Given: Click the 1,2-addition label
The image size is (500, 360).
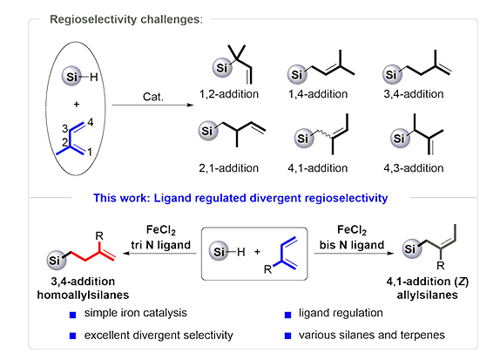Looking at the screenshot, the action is pyautogui.click(x=228, y=94).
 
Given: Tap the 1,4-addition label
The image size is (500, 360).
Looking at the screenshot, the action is pyautogui.click(x=318, y=94).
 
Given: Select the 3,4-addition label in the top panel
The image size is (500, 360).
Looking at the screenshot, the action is pyautogui.click(x=414, y=94).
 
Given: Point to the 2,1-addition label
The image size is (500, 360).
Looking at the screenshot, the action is pyautogui.click(x=228, y=168).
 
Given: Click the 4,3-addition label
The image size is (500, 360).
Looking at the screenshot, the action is pyautogui.click(x=414, y=168).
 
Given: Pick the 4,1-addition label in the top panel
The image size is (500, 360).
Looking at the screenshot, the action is pyautogui.click(x=318, y=168).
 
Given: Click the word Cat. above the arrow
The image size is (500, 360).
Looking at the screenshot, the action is pyautogui.click(x=153, y=97).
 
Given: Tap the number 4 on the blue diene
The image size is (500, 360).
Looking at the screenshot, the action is pyautogui.click(x=91, y=122).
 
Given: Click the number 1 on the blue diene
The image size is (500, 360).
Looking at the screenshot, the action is pyautogui.click(x=90, y=152).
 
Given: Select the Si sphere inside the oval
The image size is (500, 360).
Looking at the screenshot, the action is pyautogui.click(x=71, y=77).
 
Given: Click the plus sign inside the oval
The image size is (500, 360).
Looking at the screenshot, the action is pyautogui.click(x=76, y=105).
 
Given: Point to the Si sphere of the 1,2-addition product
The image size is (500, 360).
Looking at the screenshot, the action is pyautogui.click(x=222, y=68).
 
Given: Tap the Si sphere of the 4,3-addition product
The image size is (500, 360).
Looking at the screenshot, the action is pyautogui.click(x=400, y=139).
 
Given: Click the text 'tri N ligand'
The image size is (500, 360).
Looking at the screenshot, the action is pyautogui.click(x=160, y=245).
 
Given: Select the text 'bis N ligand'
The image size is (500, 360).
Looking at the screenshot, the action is pyautogui.click(x=352, y=245).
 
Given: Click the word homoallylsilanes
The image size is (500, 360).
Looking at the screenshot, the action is pyautogui.click(x=84, y=295).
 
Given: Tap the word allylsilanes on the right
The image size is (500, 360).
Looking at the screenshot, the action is pyautogui.click(x=428, y=295).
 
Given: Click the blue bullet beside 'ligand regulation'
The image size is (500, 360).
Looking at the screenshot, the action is pyautogui.click(x=287, y=315).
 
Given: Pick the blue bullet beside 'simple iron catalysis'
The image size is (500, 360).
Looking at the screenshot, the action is pyautogui.click(x=72, y=315).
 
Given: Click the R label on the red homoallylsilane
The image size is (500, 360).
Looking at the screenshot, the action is pyautogui.click(x=99, y=236).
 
